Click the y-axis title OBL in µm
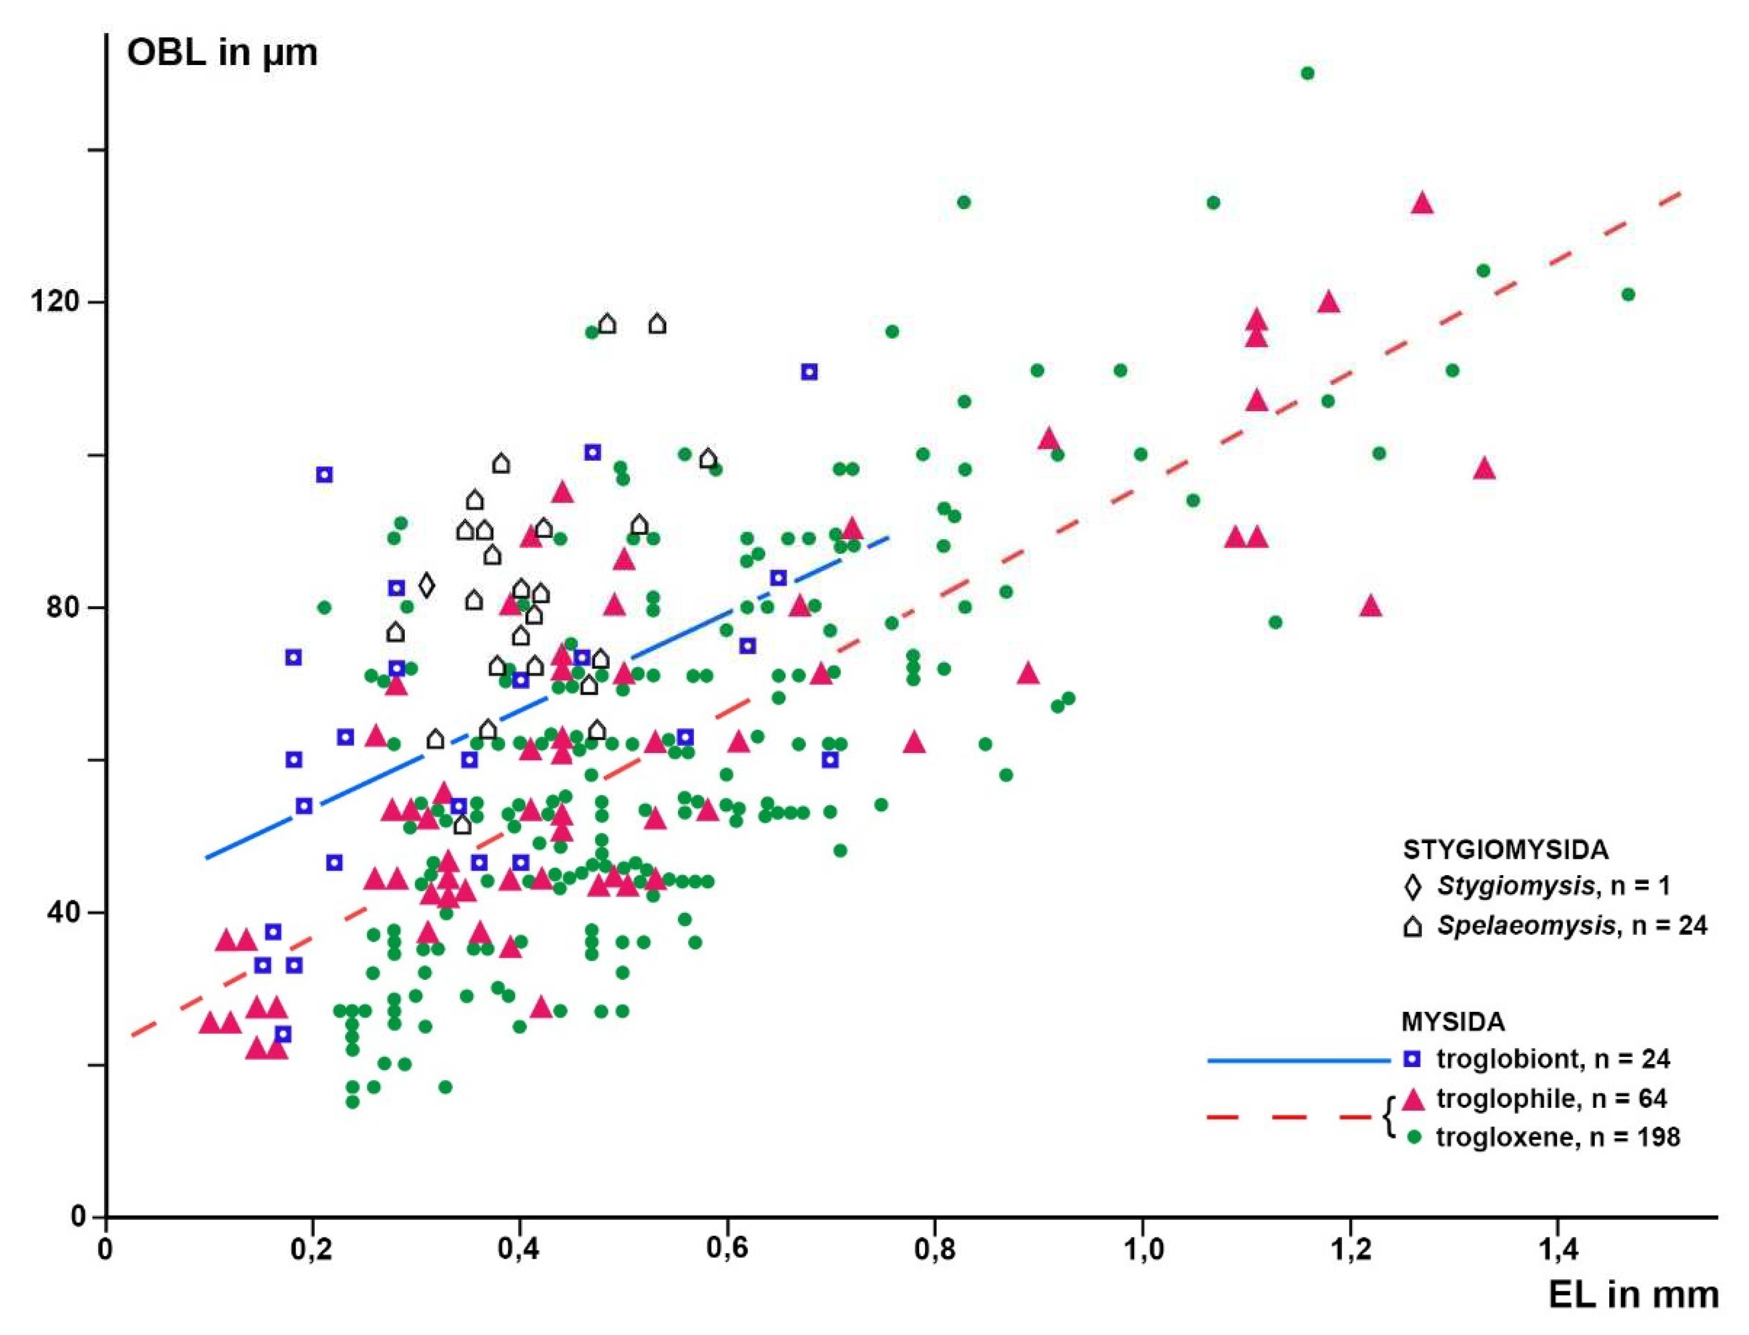point(222,52)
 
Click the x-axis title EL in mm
point(1633,1294)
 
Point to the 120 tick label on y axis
point(55,302)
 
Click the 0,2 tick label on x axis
point(312,1249)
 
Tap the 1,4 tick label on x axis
point(1556,1249)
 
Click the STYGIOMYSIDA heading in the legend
point(1505,850)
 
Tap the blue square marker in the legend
point(1412,1059)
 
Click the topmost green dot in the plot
point(1307,73)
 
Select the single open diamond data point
point(427,586)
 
